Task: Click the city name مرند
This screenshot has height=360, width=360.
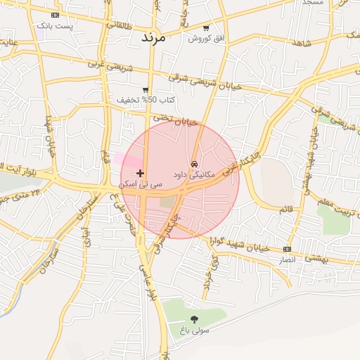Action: click(153, 37)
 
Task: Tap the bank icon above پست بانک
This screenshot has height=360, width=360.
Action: click(56, 15)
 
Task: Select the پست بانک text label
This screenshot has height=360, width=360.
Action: click(58, 25)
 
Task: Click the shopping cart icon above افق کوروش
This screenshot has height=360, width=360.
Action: click(205, 28)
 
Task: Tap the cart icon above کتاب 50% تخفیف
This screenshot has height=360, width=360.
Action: click(146, 90)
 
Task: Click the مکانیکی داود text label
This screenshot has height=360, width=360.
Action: click(196, 173)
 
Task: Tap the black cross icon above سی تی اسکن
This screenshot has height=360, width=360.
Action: click(141, 173)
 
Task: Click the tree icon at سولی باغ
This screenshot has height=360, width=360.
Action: click(194, 319)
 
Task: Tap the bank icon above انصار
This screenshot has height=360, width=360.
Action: click(287, 249)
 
